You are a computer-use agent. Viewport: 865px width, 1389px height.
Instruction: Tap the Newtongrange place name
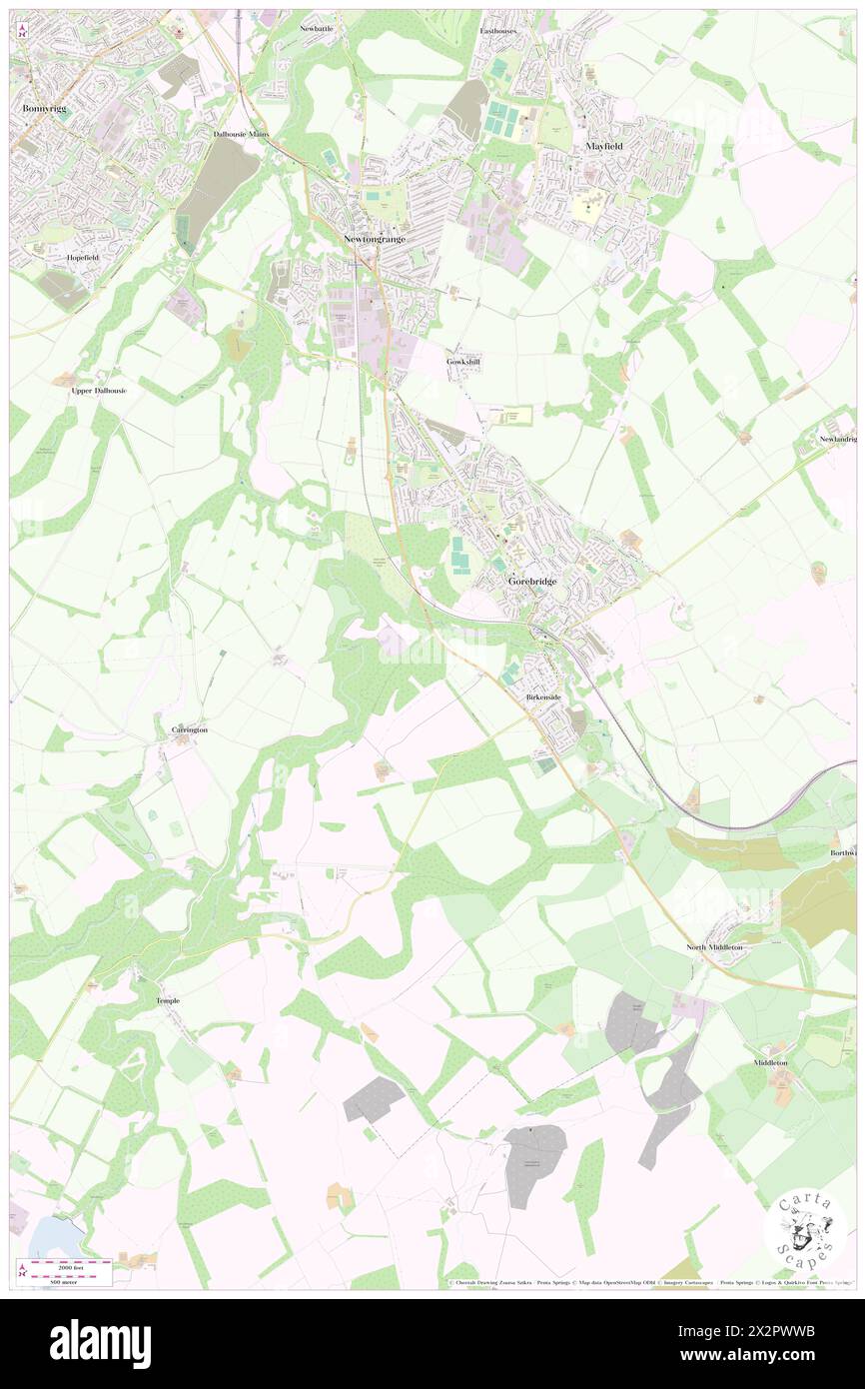point(372,239)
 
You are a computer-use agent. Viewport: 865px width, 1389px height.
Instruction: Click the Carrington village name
point(190,730)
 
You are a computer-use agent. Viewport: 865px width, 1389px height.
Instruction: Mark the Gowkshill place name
point(463,361)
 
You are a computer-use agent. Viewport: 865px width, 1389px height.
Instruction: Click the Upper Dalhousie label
point(99,391)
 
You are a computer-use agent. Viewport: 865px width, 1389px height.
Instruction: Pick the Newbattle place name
point(317,29)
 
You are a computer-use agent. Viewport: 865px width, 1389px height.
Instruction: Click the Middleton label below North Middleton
point(770,1062)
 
